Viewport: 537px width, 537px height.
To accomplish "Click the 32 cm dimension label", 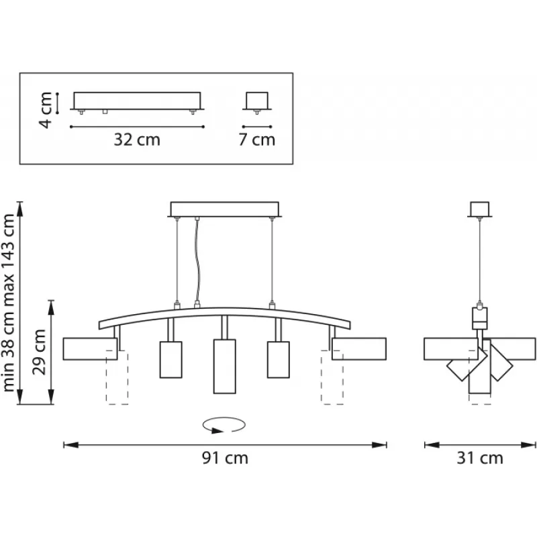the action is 137,140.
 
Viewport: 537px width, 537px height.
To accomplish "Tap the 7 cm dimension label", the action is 257,140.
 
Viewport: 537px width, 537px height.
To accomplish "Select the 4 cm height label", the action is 46,110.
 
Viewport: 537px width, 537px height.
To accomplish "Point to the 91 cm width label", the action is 225,458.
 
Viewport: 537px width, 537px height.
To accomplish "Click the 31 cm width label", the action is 480,458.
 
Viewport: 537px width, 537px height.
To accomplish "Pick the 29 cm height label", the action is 39,352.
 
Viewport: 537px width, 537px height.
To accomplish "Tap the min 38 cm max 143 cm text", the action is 9,303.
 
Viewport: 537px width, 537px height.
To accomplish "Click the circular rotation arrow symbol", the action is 224,425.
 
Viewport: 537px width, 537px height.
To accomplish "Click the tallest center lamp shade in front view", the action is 225,367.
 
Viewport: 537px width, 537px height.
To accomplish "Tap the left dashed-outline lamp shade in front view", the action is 117,377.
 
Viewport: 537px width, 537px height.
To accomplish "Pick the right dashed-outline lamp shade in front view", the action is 332,377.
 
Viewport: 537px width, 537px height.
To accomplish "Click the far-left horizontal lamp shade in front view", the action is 90,349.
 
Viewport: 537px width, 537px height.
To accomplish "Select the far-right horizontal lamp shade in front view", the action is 359,349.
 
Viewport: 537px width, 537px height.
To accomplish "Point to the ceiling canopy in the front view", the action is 225,209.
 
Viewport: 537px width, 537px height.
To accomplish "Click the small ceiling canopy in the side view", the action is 480,209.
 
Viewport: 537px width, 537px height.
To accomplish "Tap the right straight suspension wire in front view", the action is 272,260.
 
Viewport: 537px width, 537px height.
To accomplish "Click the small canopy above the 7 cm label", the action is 257,101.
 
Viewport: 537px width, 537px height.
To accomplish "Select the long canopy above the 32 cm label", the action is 137,101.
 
